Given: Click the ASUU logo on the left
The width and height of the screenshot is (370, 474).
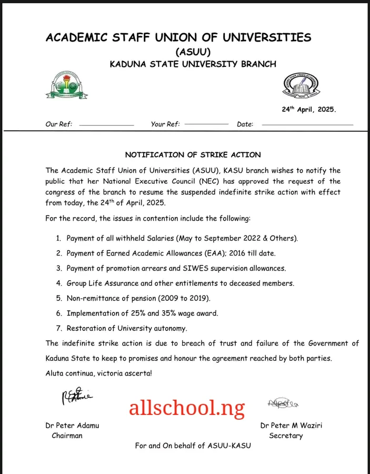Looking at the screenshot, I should [x=67, y=86].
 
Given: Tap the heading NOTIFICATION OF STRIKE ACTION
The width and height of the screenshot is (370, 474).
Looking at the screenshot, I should [x=193, y=155].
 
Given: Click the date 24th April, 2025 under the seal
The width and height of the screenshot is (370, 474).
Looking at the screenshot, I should [x=308, y=110].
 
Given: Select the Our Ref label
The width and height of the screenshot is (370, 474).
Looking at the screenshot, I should [x=59, y=124].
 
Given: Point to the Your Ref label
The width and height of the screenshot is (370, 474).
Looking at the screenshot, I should [x=165, y=124].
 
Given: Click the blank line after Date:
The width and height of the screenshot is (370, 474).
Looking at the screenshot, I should [x=307, y=124].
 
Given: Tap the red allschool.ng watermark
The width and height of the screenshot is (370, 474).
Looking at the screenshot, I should [x=187, y=407].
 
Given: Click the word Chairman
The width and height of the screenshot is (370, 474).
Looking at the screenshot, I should [x=67, y=436].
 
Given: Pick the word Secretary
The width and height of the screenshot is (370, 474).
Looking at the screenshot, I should [x=286, y=436].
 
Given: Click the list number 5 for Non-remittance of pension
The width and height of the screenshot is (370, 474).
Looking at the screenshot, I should [x=59, y=298].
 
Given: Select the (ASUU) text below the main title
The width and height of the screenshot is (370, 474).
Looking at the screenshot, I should [x=193, y=52].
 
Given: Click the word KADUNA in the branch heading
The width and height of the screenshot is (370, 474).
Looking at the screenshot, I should [x=129, y=64].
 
